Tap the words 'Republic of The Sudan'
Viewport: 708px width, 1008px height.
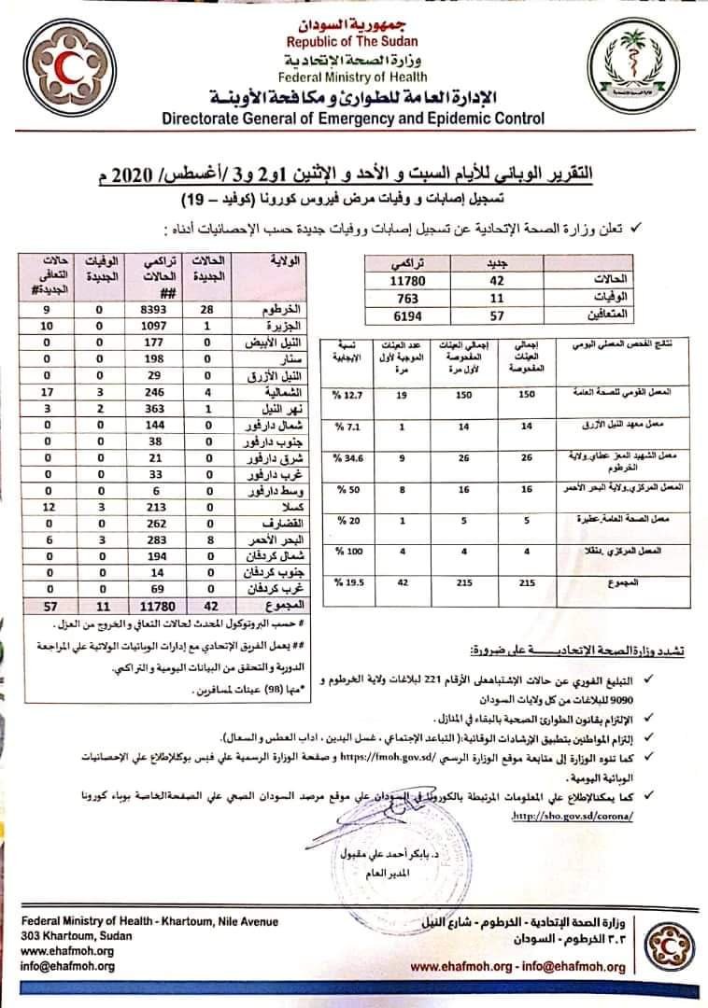[x=353, y=41]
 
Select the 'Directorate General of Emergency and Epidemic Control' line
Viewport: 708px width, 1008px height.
[x=353, y=119]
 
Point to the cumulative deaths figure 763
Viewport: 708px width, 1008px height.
[x=409, y=297]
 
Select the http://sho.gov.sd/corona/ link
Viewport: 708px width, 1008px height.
[x=571, y=813]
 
